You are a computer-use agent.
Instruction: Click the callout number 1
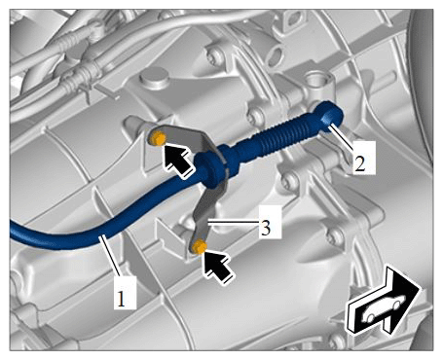pos(121,298)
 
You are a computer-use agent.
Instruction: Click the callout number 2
pos(360,163)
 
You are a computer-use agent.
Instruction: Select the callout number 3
pos(266,228)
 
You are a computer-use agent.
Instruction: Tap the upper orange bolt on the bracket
pos(157,139)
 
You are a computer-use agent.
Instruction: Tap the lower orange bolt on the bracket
pos(199,247)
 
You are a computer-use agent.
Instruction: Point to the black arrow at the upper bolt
pos(176,161)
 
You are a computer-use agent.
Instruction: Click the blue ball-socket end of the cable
pos(331,116)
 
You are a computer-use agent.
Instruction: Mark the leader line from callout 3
pos(234,223)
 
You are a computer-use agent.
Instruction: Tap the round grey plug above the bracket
pos(154,77)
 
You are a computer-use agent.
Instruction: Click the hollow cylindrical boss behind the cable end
pos(317,83)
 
